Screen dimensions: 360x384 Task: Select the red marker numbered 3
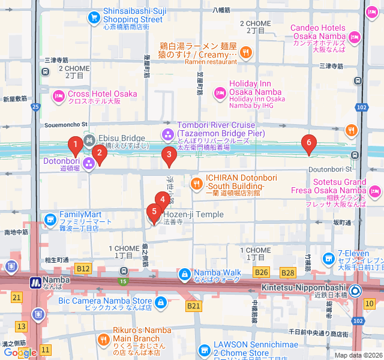[169, 157]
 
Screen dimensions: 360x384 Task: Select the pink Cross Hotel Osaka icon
[58, 94]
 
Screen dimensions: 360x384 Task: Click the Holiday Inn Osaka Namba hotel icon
[220, 91]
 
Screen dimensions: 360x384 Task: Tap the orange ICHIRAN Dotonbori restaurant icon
[196, 183]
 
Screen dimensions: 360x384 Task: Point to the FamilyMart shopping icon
[50, 218]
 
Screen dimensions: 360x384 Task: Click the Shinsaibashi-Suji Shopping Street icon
[93, 17]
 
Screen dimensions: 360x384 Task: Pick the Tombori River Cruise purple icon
[167, 133]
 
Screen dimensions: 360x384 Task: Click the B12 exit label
[83, 268]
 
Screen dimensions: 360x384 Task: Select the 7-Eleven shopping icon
[328, 259]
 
